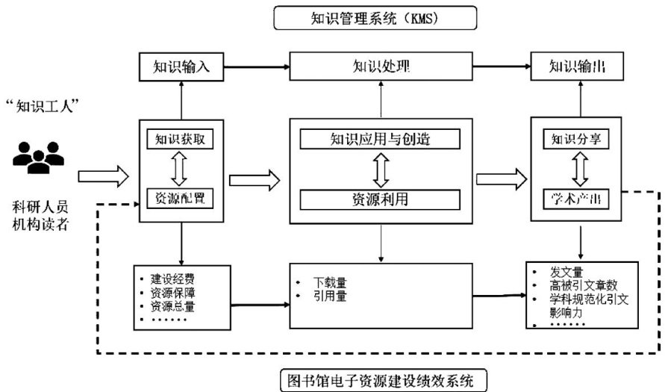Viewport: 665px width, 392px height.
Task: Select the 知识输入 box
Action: tap(181, 68)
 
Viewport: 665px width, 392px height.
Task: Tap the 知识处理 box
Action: tap(381, 68)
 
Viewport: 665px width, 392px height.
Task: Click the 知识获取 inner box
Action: tap(181, 140)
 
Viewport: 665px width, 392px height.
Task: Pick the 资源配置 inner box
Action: tap(181, 199)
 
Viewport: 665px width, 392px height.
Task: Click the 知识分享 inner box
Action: tap(575, 140)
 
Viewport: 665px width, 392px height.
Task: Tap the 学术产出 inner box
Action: tap(575, 199)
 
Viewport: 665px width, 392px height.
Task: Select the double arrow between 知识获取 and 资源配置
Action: tap(181, 169)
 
